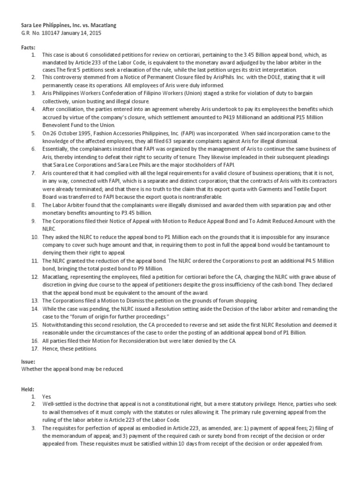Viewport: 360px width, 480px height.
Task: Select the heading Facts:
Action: [x=29, y=48]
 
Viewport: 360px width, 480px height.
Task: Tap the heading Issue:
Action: [x=29, y=361]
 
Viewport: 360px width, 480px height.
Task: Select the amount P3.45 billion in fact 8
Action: [x=142, y=212]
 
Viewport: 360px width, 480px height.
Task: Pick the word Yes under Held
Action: [x=46, y=396]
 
